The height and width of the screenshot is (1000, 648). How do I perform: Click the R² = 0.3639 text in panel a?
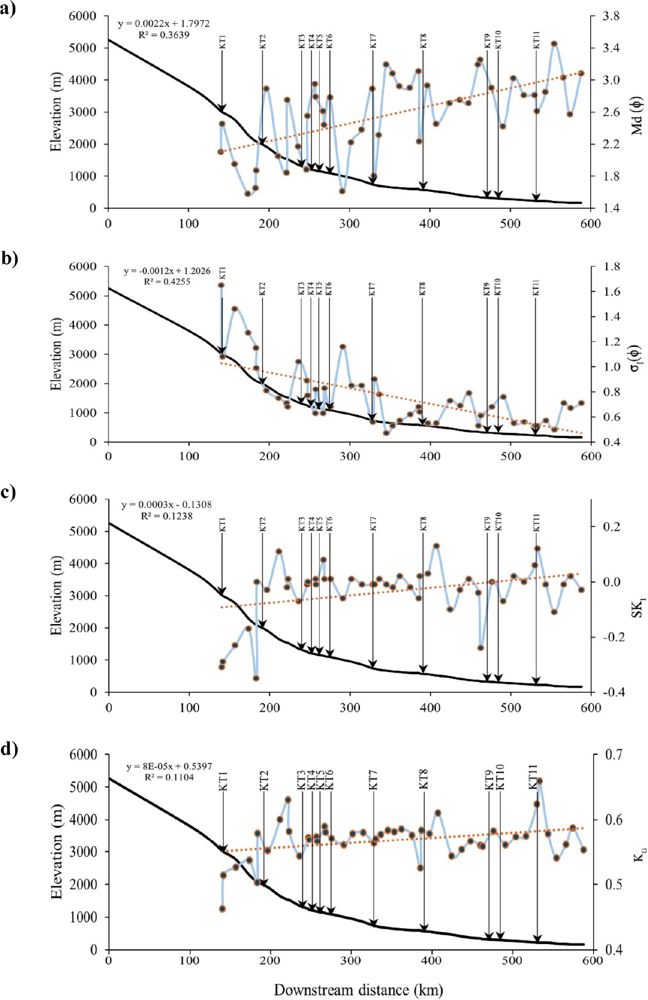(x=164, y=35)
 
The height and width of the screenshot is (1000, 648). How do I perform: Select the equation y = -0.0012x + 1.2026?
(x=167, y=271)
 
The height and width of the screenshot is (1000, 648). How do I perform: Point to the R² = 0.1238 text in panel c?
(x=167, y=516)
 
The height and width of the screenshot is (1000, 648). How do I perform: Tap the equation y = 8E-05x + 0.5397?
(x=169, y=766)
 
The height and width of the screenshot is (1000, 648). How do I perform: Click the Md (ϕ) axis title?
(x=637, y=115)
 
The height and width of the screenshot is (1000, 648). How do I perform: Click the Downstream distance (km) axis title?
(x=358, y=990)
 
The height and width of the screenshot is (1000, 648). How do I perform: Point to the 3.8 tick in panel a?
(x=611, y=17)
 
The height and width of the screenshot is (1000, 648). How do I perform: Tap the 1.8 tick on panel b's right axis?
(x=611, y=267)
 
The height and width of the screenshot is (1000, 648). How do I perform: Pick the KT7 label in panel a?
(x=373, y=41)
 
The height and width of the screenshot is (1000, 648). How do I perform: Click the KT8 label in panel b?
(x=423, y=289)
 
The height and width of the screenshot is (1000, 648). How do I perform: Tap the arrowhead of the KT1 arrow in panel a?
(x=222, y=109)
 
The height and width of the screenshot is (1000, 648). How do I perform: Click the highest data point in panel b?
(x=221, y=285)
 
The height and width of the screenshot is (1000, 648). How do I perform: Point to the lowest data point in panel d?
(x=222, y=908)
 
